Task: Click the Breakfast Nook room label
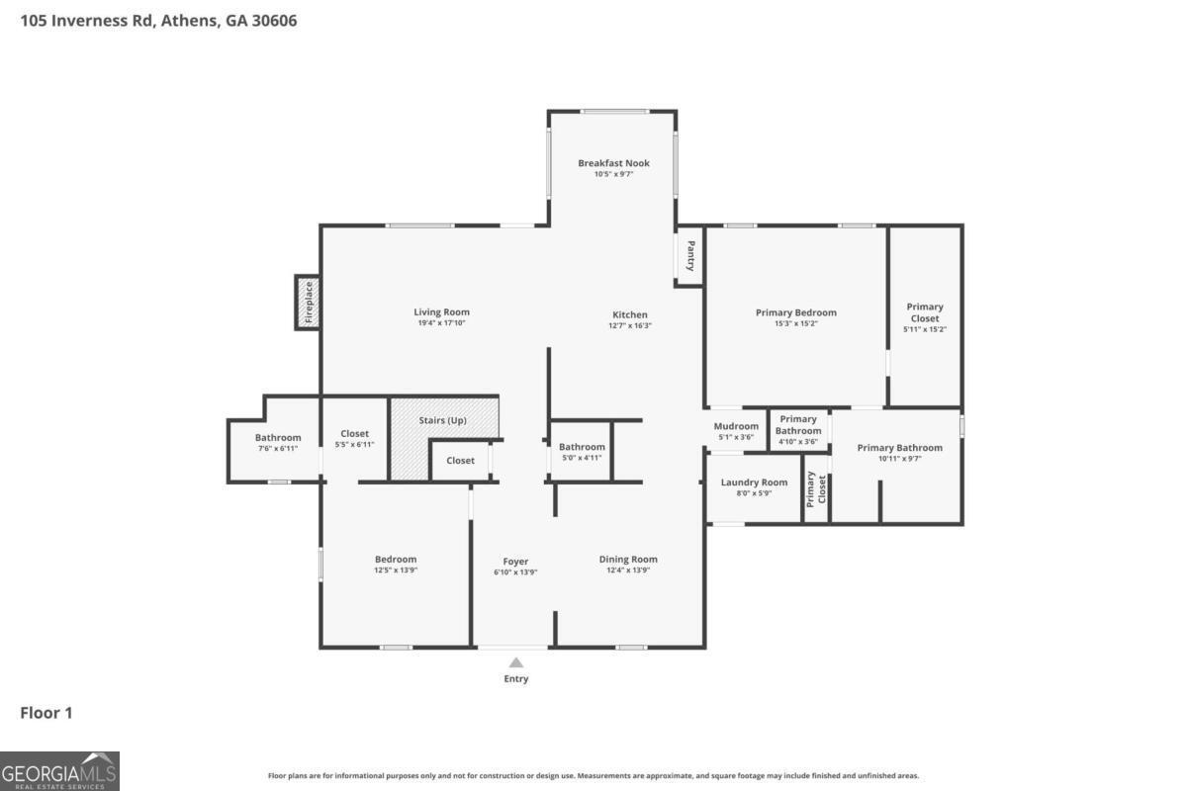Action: (x=613, y=163)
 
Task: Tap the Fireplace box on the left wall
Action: (x=308, y=303)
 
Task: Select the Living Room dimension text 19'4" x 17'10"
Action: (x=441, y=323)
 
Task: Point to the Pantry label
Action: (x=690, y=256)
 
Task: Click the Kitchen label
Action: (x=630, y=314)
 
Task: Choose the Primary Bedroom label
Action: (x=795, y=312)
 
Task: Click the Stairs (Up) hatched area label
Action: (x=443, y=420)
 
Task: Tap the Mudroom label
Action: (x=736, y=426)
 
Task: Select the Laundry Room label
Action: (x=754, y=483)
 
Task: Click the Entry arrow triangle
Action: (x=516, y=662)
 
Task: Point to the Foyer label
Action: (x=515, y=562)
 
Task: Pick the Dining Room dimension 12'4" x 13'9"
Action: (x=628, y=571)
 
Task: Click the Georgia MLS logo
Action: (x=59, y=771)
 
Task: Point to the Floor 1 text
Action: (x=46, y=713)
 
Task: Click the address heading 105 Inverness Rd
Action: (x=158, y=21)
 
